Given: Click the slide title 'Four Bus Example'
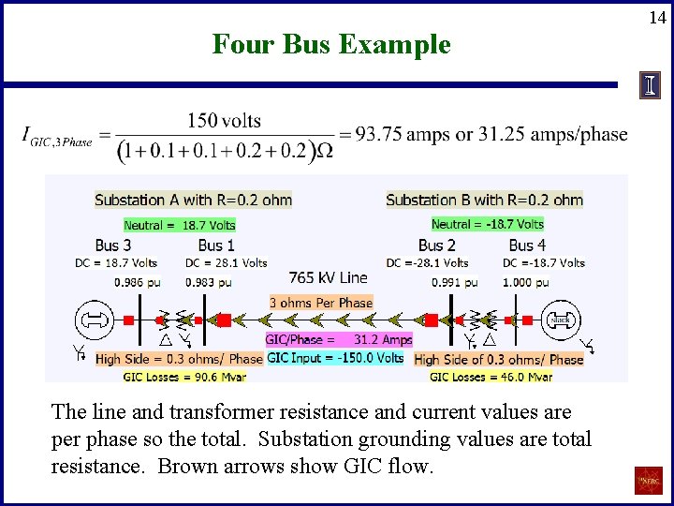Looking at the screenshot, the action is coord(331,44).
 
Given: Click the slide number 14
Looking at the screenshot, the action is coord(658,16).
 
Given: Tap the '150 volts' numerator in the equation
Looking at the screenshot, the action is coord(224,120).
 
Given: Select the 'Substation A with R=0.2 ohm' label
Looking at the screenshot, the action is coord(194,200).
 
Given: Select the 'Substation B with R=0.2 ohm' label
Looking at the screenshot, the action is coord(484,200).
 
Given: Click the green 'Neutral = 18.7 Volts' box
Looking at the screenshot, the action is coord(180,225).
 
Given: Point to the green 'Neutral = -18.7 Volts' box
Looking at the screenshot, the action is coord(487,224).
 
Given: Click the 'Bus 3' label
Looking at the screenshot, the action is coord(113,246).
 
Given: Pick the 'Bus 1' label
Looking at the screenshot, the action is coord(216,246).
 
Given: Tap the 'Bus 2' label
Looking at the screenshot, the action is coord(437,246).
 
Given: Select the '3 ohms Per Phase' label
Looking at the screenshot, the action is coord(321,303).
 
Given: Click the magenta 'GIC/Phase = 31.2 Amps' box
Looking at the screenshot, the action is coord(339,339).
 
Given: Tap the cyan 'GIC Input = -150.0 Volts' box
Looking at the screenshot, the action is coord(335,358).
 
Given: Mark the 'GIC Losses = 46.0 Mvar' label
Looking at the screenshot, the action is coord(491,377).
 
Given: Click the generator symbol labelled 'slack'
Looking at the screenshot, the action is coord(561,320).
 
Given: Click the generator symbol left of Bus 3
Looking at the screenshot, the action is coord(94,320).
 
